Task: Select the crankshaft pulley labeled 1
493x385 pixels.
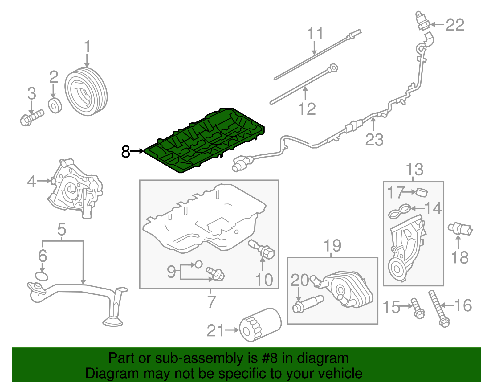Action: (x=86, y=92)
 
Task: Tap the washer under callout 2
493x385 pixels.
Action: (x=55, y=106)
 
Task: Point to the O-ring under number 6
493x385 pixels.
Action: (x=42, y=276)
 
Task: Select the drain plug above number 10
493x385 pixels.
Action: (x=262, y=249)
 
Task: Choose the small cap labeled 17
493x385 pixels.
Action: (x=422, y=192)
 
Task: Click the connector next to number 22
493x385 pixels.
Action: (x=422, y=22)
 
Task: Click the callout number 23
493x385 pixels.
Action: (x=374, y=140)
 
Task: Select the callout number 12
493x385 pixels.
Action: (x=307, y=109)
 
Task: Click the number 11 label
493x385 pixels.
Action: (x=315, y=34)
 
